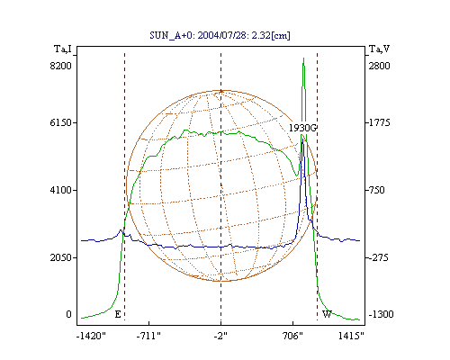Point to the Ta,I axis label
click(63, 49)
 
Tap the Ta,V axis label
click(379, 49)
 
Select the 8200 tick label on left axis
click(61, 66)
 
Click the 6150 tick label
click(61, 122)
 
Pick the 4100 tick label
click(61, 190)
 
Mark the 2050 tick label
click(61, 257)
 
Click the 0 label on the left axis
click(68, 314)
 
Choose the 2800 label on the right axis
click(380, 66)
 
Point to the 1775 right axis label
click(380, 122)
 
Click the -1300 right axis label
click(381, 314)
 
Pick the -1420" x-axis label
click(91, 336)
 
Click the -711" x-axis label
click(148, 336)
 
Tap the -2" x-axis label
click(220, 336)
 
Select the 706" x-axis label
click(292, 336)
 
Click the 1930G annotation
click(302, 128)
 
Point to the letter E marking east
click(118, 314)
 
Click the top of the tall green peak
click(303, 58)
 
